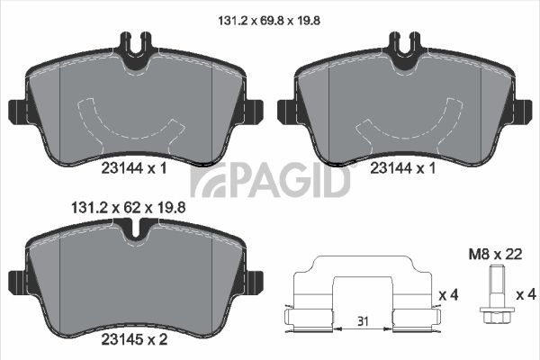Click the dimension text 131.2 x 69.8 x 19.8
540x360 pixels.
click(x=269, y=21)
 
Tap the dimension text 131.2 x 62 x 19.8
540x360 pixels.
click(x=128, y=208)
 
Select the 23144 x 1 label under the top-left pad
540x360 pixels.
click(x=134, y=168)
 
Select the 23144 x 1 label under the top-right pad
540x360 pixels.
click(x=402, y=168)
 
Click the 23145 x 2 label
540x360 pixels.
click(x=134, y=339)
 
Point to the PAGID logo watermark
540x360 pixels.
click(x=270, y=180)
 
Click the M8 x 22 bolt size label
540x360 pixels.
click(x=495, y=254)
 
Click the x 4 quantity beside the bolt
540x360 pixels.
click(x=526, y=294)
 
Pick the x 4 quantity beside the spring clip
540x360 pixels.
click(x=448, y=294)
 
